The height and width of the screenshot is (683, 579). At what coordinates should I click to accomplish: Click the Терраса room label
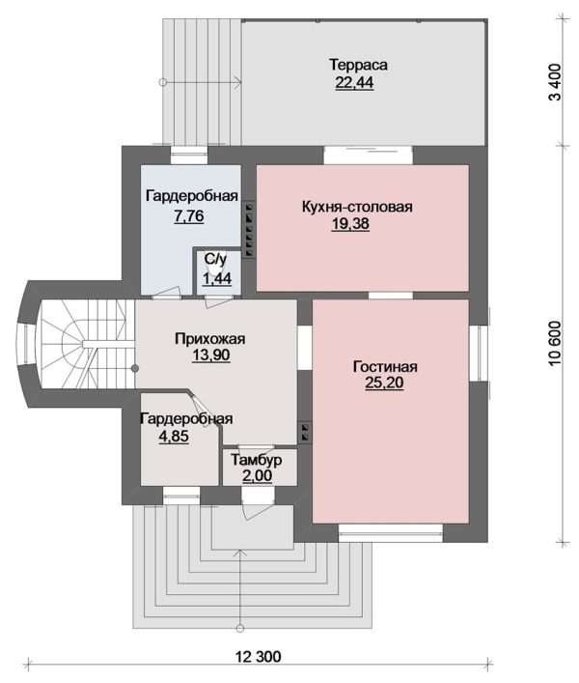pyautogui.click(x=358, y=65)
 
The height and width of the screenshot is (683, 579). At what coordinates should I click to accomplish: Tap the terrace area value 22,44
pyautogui.click(x=354, y=82)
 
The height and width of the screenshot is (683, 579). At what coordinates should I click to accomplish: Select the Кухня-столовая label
pyautogui.click(x=357, y=207)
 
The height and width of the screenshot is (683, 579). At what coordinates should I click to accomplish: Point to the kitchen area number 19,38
pyautogui.click(x=350, y=223)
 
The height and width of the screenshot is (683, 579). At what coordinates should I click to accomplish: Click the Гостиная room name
pyautogui.click(x=385, y=366)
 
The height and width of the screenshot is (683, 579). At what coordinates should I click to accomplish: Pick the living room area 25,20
pyautogui.click(x=384, y=383)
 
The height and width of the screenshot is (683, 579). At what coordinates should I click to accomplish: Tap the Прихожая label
pyautogui.click(x=210, y=338)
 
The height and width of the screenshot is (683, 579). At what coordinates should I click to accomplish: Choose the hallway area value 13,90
pyautogui.click(x=211, y=355)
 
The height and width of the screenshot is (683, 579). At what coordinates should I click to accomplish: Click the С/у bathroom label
pyautogui.click(x=216, y=260)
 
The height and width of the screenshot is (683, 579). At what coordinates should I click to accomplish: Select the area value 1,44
pyautogui.click(x=217, y=278)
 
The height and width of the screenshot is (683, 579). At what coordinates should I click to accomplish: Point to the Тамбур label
pyautogui.click(x=257, y=460)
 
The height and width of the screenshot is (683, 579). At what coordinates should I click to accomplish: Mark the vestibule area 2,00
pyautogui.click(x=257, y=475)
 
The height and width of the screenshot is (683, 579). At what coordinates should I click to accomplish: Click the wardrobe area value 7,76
pyautogui.click(x=189, y=216)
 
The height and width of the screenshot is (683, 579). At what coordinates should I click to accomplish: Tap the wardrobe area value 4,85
pyautogui.click(x=174, y=436)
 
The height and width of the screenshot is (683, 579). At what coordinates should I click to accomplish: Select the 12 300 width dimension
pyautogui.click(x=259, y=656)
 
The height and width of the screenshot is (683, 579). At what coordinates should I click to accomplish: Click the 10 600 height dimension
pyautogui.click(x=556, y=345)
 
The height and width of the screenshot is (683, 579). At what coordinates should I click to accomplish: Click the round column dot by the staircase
pyautogui.click(x=135, y=369)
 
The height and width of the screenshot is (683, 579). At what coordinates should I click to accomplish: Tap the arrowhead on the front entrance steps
pyautogui.click(x=239, y=553)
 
